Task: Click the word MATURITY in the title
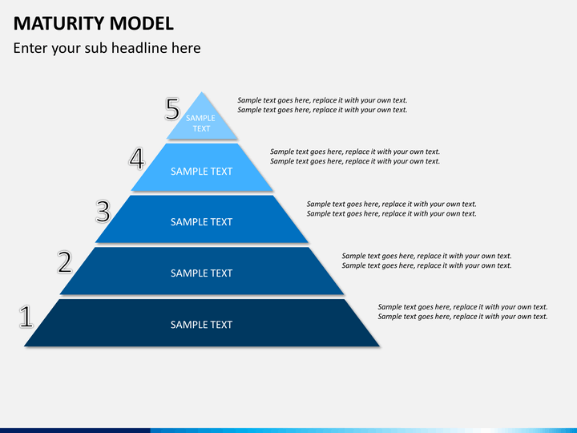click(59, 23)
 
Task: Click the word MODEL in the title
click(142, 23)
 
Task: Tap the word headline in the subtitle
click(139, 48)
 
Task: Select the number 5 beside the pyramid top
click(172, 109)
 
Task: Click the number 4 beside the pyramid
click(137, 159)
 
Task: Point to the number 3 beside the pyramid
click(103, 212)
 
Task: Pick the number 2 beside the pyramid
click(65, 261)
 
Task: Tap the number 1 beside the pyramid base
click(26, 316)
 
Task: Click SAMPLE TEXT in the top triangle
click(201, 123)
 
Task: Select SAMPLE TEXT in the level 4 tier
click(201, 172)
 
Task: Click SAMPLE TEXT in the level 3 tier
click(201, 222)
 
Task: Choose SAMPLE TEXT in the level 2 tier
click(201, 273)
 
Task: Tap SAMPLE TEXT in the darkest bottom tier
click(201, 325)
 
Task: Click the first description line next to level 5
click(322, 100)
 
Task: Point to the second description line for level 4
click(355, 161)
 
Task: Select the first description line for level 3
click(392, 204)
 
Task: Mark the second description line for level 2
click(427, 265)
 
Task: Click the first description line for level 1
click(462, 306)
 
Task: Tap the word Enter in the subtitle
click(30, 48)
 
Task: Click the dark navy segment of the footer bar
click(75, 431)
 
